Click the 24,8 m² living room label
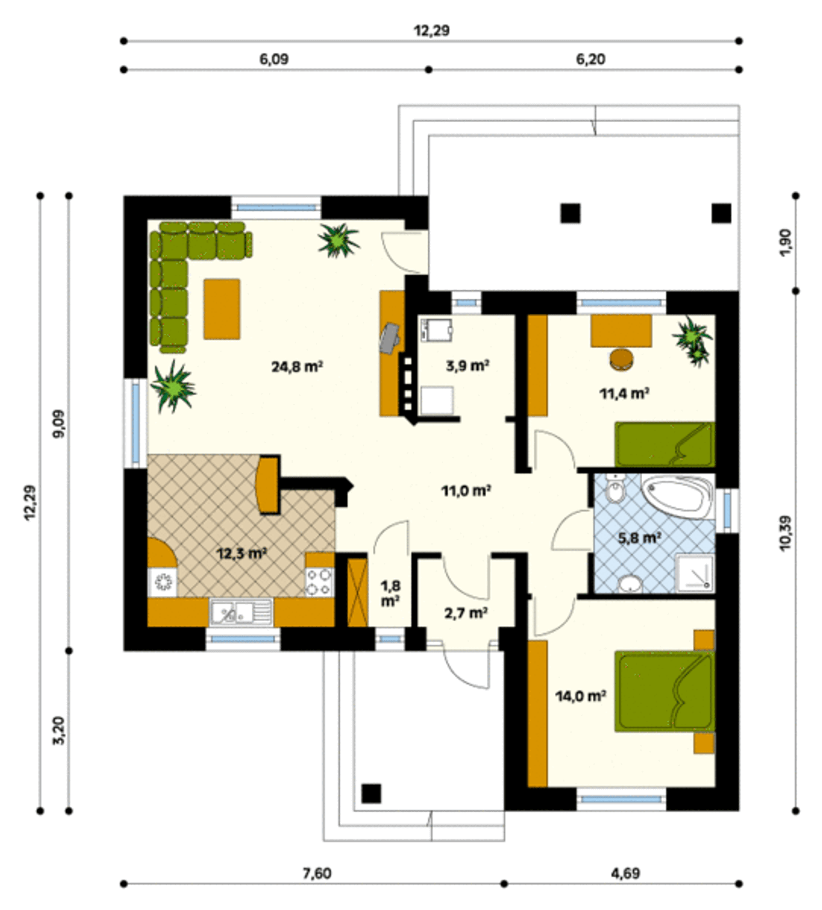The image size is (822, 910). click(297, 367)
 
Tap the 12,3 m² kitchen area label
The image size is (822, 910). click(241, 554)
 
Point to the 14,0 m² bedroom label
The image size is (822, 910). click(581, 696)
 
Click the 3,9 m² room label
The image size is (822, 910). click(468, 365)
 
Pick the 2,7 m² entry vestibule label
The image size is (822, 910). click(466, 613)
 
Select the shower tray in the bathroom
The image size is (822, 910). click(695, 573)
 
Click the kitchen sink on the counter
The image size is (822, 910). click(241, 613)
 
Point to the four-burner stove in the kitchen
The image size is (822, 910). click(319, 582)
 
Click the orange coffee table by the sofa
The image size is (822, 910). click(222, 309)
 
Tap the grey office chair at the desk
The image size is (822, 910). click(390, 338)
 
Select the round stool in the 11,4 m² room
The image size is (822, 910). click(622, 359)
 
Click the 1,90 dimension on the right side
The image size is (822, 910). click(785, 243)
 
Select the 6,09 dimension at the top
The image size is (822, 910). click(274, 60)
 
